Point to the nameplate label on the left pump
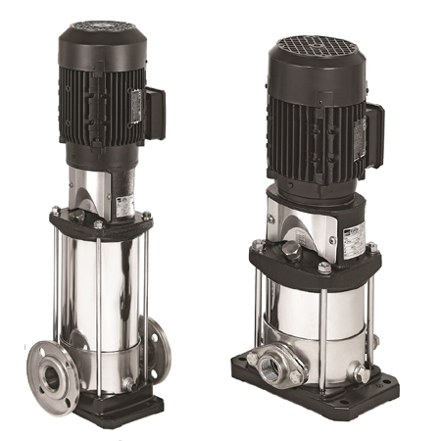[124, 205]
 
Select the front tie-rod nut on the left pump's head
[99, 226]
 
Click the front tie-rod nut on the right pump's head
[323, 267]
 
